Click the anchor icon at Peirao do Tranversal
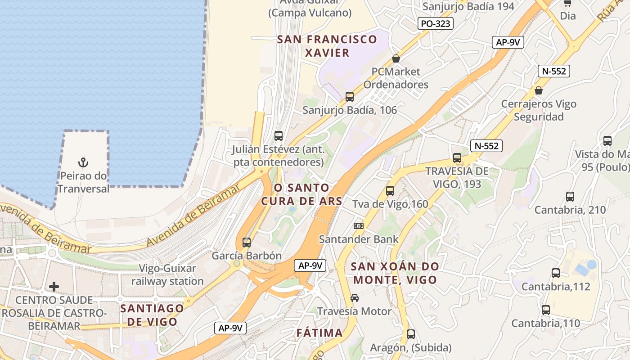[83, 162]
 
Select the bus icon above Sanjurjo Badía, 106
[349, 96]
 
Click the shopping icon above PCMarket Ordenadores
[396, 58]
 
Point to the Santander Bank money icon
[358, 226]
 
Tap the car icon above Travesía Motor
[355, 298]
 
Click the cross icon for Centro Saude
[54, 287]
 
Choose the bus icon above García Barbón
[246, 243]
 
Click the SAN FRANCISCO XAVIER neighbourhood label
[327, 46]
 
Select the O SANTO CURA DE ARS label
[302, 194]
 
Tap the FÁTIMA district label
[319, 333]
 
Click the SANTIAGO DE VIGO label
[152, 315]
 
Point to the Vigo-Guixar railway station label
[167, 275]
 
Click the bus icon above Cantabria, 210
[570, 197]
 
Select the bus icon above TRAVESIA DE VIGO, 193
[457, 158]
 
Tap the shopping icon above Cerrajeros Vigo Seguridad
[539, 91]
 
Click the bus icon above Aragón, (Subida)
[411, 334]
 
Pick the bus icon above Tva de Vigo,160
[390, 191]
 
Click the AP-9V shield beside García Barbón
[310, 265]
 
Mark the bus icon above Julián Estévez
[279, 135]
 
